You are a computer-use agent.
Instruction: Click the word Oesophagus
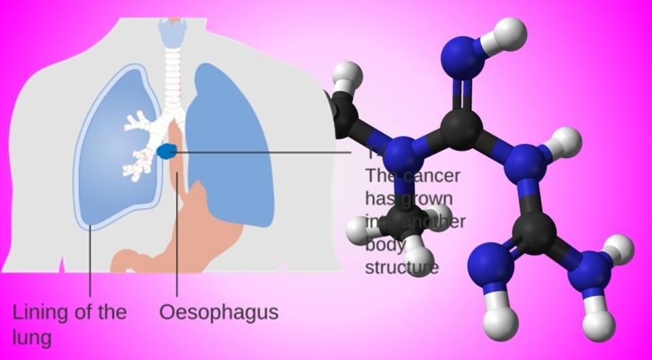[x=219, y=312]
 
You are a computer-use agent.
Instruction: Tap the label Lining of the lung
[x=69, y=323]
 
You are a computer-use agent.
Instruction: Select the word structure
[x=401, y=267]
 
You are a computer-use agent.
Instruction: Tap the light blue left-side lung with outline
[x=109, y=163]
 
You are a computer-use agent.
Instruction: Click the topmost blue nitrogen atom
[x=465, y=54]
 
